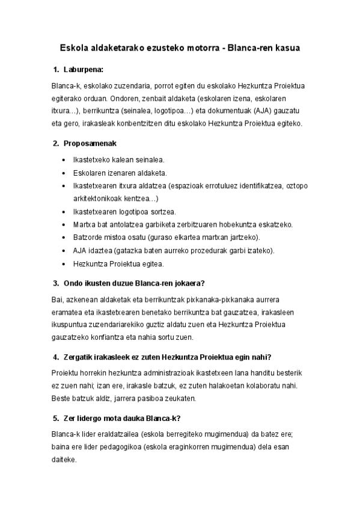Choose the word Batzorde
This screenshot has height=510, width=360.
click(x=88, y=237)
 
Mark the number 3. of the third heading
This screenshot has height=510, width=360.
click(x=56, y=283)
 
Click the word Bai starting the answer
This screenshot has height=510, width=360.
click(x=58, y=299)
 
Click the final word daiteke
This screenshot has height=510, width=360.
click(x=64, y=459)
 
